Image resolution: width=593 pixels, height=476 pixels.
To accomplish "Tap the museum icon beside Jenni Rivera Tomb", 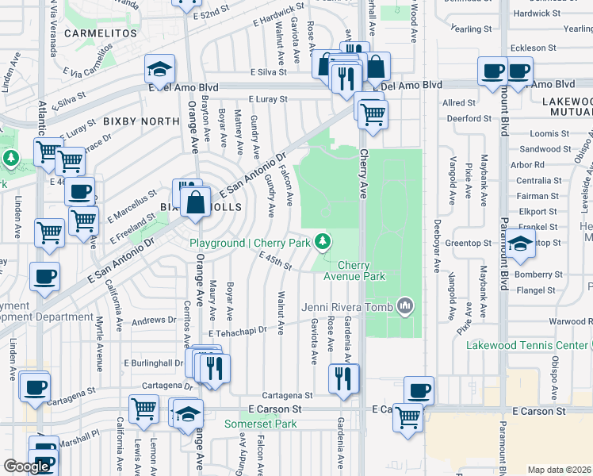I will [x=405, y=305].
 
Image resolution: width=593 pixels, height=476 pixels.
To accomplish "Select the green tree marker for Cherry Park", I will [x=323, y=240].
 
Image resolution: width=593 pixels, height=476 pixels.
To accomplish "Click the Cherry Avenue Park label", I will [x=362, y=271].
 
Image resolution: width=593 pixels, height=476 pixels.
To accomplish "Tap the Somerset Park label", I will [x=271, y=424].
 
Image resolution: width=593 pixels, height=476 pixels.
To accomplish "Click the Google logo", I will [x=27, y=466].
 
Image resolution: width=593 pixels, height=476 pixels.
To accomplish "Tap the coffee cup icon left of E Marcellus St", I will [x=79, y=191].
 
